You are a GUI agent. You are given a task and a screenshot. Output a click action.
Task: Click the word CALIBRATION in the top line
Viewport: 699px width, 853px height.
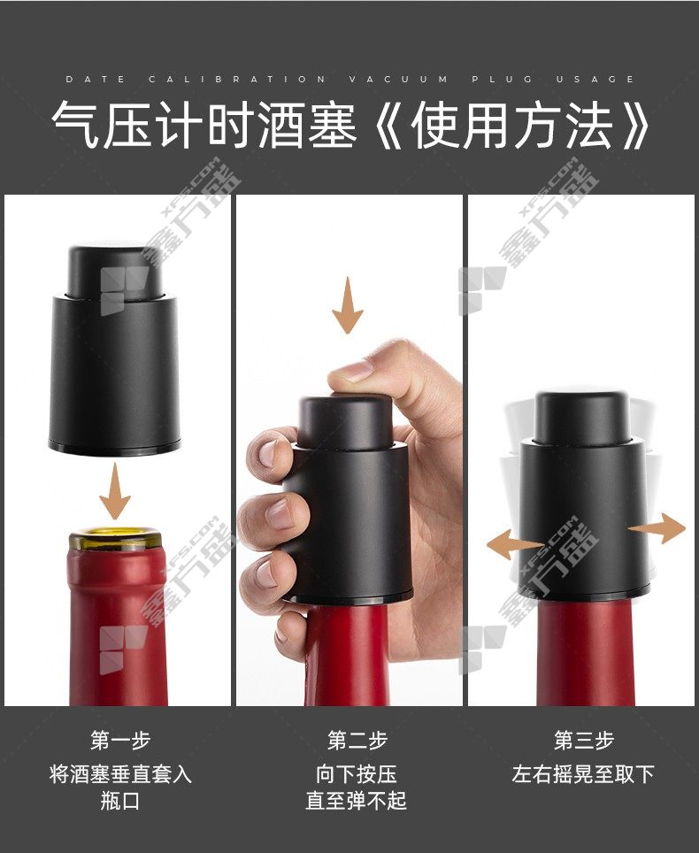pos(237,80)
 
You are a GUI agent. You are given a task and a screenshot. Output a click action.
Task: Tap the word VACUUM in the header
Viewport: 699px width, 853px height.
pos(398,80)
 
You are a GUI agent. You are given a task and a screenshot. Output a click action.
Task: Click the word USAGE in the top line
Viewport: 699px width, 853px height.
pos(595,80)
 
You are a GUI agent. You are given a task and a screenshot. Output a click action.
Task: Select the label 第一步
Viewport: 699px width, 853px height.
pos(120,741)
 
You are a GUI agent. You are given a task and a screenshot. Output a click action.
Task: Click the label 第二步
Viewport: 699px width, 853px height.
pos(357,741)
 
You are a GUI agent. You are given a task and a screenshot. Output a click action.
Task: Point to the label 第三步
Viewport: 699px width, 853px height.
pos(584,741)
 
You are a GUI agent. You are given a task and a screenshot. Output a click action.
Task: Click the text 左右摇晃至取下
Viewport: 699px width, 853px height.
pos(583,773)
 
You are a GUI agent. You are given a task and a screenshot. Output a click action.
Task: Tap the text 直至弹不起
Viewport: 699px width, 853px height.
pos(357,800)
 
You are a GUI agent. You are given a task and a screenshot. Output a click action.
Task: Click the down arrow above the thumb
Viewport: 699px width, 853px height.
pos(348,304)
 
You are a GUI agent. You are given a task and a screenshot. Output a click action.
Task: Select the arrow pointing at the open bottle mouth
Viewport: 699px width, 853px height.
pos(115,491)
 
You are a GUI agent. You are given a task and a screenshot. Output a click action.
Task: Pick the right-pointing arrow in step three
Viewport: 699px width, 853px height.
pos(657,528)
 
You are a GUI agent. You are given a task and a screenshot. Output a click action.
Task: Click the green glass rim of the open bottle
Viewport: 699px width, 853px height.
pos(115,539)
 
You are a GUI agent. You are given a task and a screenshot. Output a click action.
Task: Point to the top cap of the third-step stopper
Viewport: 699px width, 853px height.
pos(582,416)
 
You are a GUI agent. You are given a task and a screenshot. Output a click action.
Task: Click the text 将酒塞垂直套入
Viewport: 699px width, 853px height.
pos(120,773)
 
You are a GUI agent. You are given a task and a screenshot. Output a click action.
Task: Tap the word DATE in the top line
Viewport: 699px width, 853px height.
pos(96,80)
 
